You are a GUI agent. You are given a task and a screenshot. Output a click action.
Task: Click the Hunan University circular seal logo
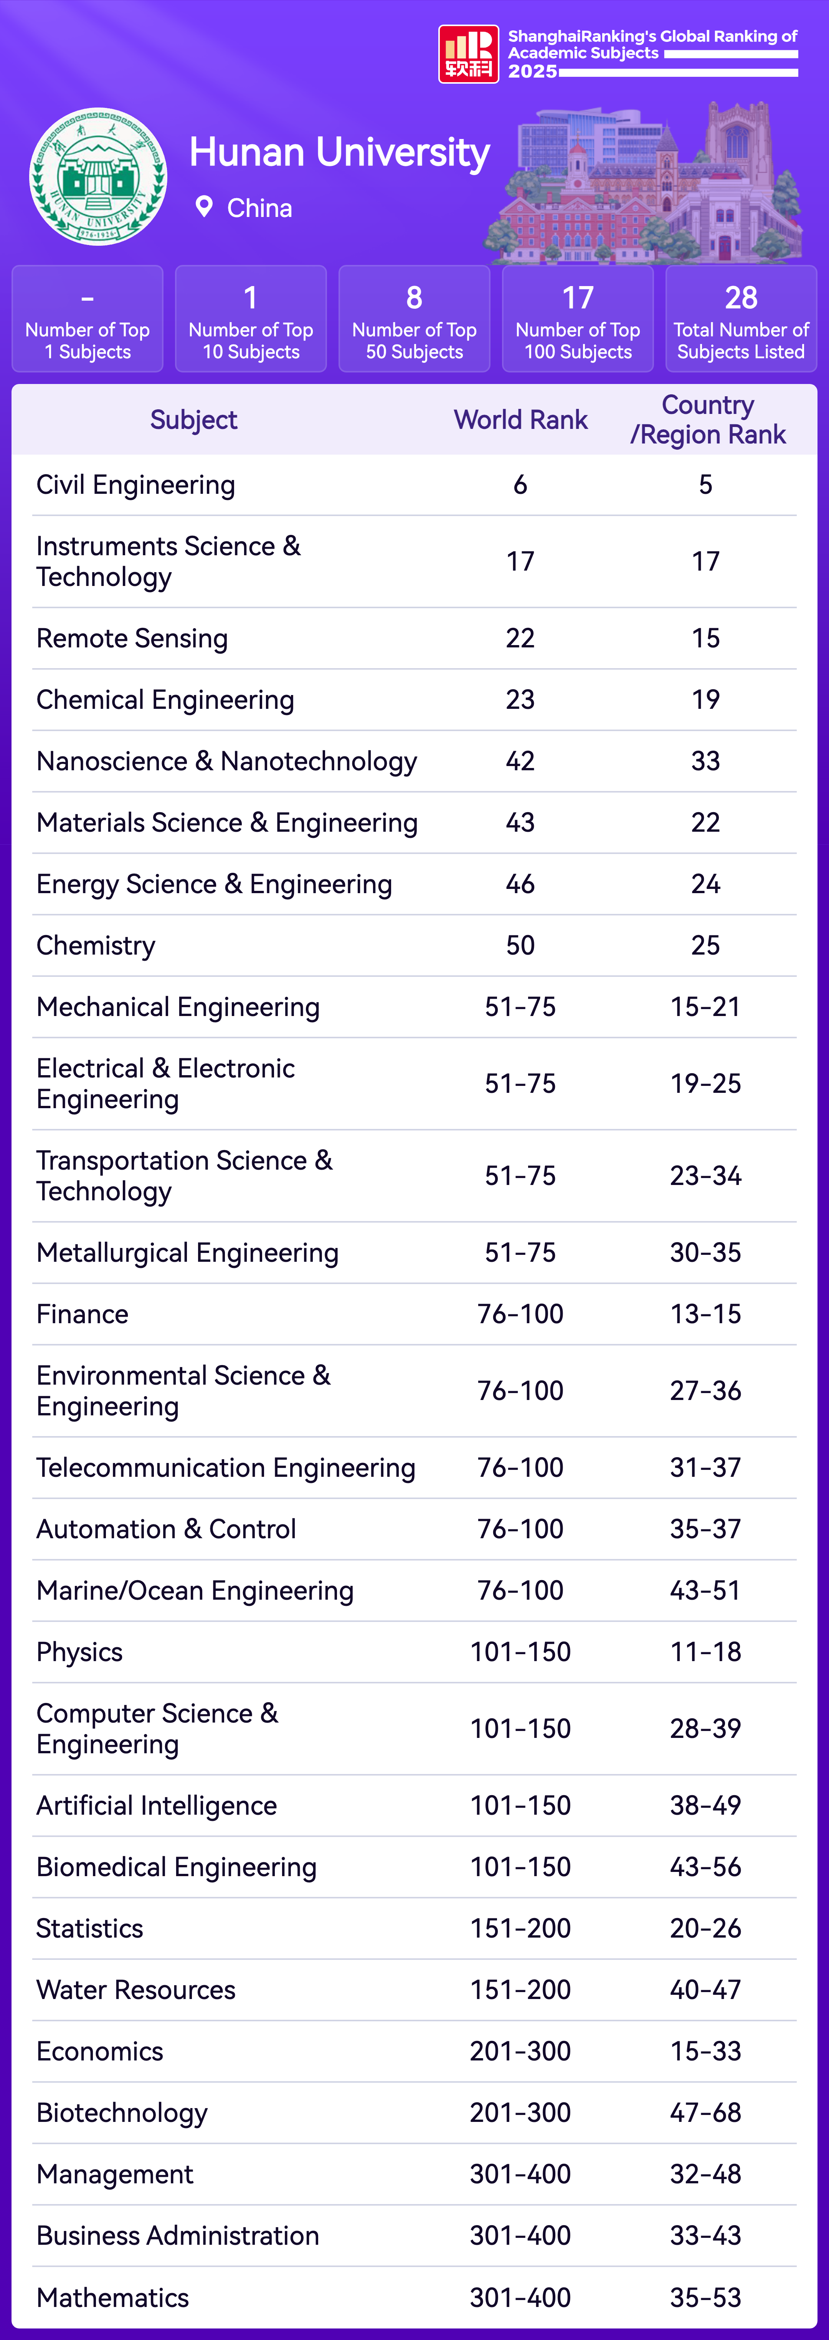point(98,177)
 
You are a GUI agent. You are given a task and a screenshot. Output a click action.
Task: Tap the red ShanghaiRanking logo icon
point(469,54)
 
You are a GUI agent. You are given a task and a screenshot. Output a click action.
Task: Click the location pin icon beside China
point(204,207)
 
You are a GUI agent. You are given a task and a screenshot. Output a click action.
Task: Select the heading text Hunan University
point(340,152)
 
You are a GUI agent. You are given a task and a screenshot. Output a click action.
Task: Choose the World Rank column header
point(520,420)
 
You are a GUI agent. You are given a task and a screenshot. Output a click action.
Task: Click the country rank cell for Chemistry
point(705,946)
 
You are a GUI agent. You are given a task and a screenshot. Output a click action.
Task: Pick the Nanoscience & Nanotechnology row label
point(227,761)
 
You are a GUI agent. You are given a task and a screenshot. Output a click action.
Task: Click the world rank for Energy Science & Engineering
point(520,884)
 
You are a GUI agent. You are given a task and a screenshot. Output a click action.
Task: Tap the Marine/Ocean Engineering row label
point(195,1590)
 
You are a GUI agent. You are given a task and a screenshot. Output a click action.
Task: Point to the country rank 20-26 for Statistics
point(705,1928)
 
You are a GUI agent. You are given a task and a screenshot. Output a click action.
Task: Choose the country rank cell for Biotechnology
point(705,2113)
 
